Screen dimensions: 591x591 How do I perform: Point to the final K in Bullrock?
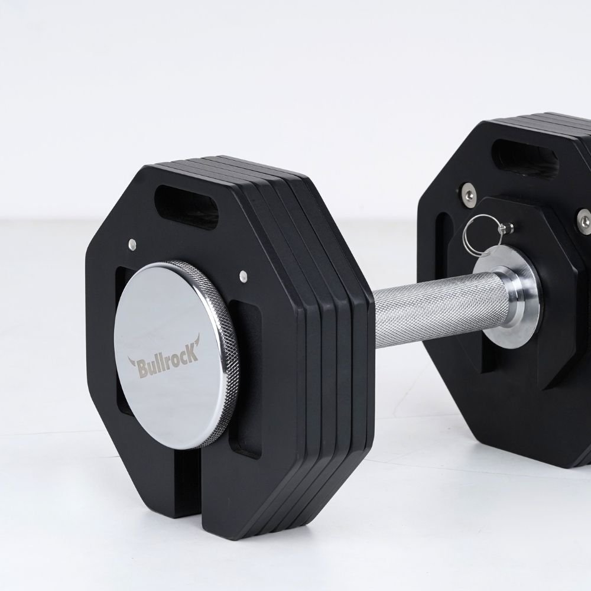pyautogui.click(x=192, y=355)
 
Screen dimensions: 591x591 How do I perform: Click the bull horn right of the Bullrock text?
pyautogui.click(x=196, y=341)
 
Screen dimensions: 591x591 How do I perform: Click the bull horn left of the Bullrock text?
pyautogui.click(x=132, y=362)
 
